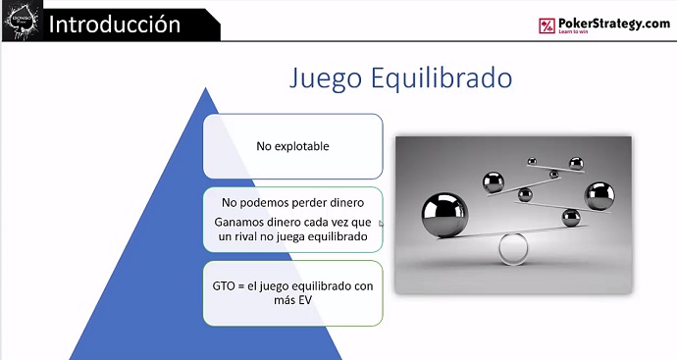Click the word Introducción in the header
[x=115, y=25]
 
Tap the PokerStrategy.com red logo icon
[x=547, y=26]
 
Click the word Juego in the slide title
[x=326, y=78]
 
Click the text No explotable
[x=292, y=146]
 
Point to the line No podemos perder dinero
[x=292, y=202]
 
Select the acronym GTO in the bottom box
[x=224, y=285]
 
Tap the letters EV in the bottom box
[x=304, y=300]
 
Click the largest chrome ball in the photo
[x=444, y=215]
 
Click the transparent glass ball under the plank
[x=513, y=248]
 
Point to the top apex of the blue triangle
[x=205, y=87]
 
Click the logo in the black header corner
[x=22, y=22]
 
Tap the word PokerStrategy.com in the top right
[x=614, y=23]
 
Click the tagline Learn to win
[x=573, y=31]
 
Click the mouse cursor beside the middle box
[x=382, y=224]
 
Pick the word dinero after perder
[x=345, y=202]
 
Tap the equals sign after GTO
[x=241, y=286]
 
